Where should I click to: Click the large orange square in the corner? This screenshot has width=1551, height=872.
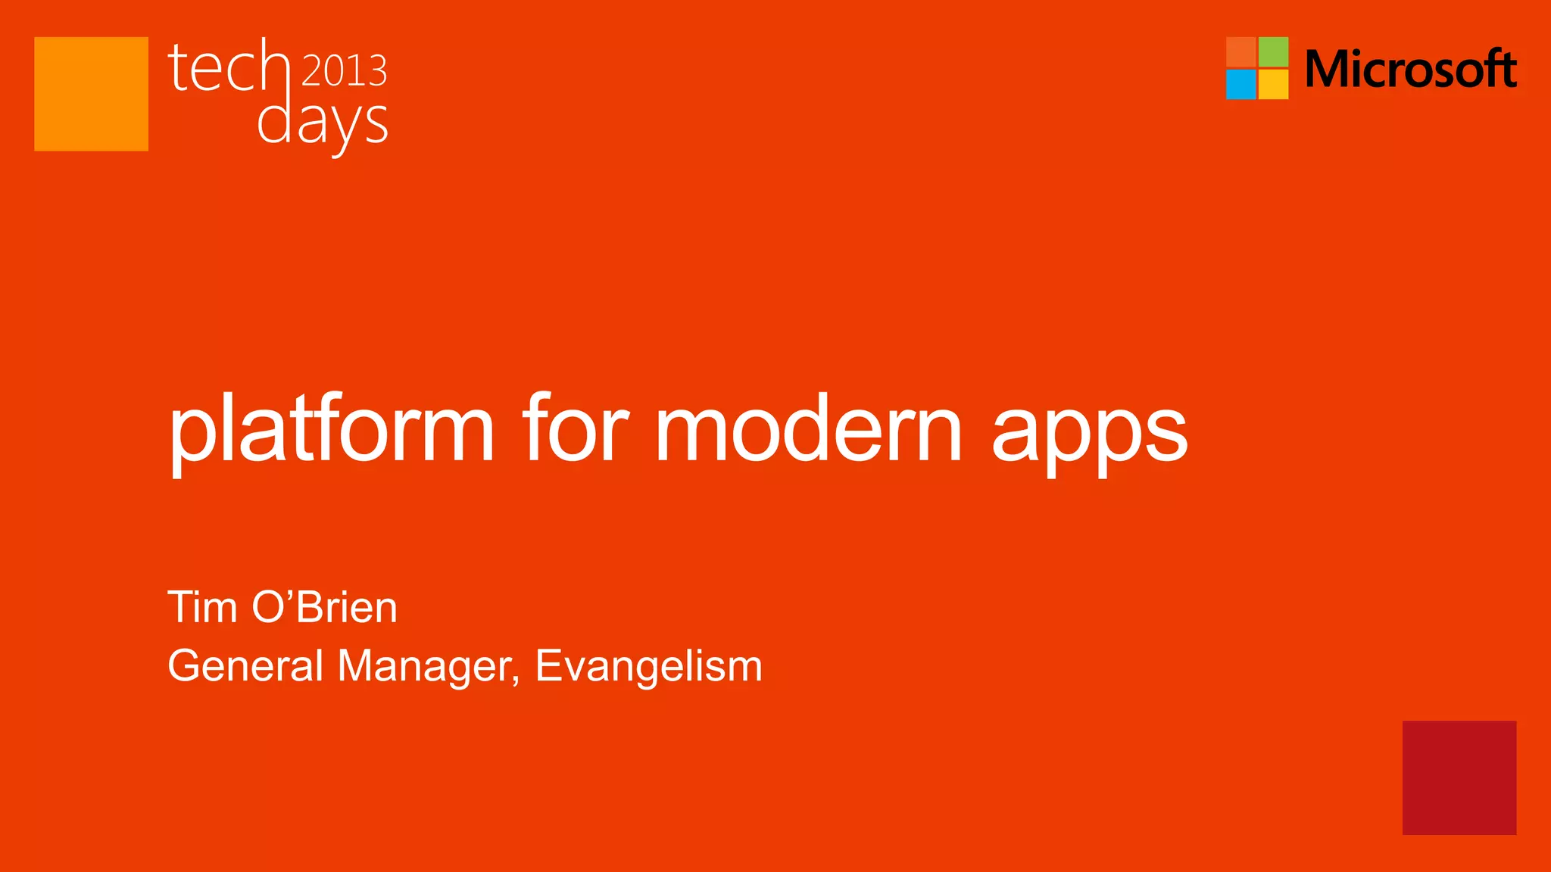pos(91,94)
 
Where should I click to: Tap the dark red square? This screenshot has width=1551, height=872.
pos(1459,777)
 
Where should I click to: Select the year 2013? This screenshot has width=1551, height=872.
pos(345,70)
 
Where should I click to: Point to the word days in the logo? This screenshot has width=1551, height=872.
pos(323,123)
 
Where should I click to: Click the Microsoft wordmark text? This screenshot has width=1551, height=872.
pos(1410,69)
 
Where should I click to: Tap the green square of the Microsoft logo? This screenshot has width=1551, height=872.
pos(1273,51)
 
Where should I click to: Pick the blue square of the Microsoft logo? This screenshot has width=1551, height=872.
pos(1240,84)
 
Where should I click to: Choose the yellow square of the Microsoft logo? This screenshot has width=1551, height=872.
pos(1273,84)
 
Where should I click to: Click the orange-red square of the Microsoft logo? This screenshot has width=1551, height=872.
pos(1240,51)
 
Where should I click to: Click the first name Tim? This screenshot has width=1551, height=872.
pos(202,607)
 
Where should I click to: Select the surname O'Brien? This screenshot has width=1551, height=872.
pos(325,607)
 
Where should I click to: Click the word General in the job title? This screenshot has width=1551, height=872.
pos(245,666)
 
